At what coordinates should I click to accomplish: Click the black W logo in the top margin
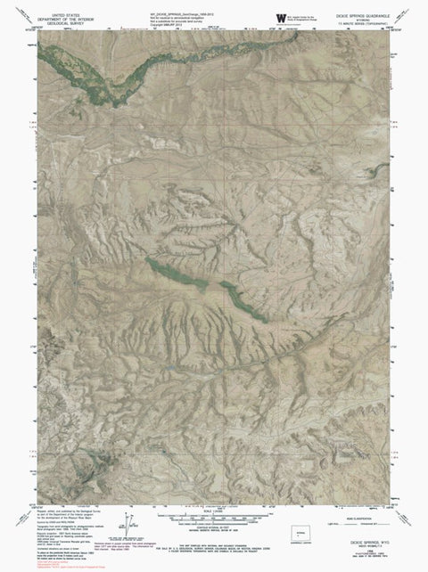pos(270,15)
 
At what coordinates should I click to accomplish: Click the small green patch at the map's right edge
pos(384,240)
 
